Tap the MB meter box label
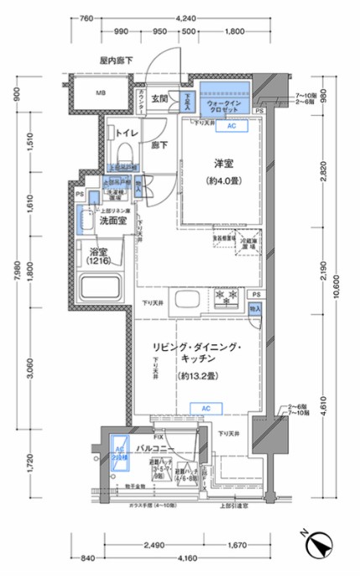[100, 92]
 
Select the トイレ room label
[127, 133]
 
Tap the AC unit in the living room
[205, 408]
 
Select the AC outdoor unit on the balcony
[119, 456]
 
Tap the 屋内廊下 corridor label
[116, 62]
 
